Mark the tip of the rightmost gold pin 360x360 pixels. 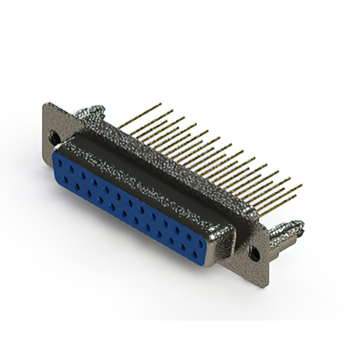[x=301, y=185]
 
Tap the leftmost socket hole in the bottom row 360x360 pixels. [x=66, y=179]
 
